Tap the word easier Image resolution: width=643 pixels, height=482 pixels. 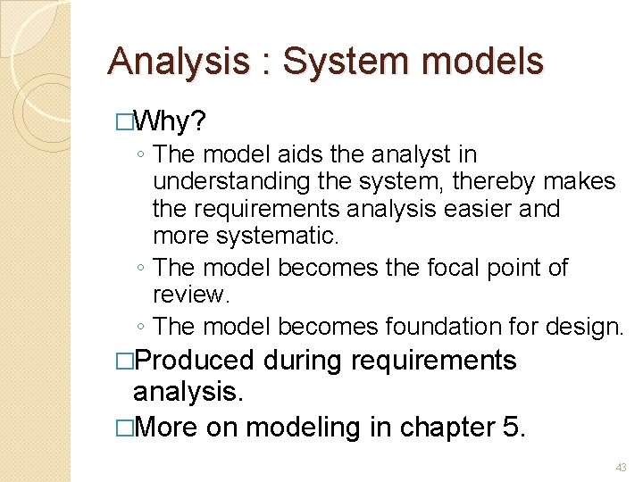(x=489, y=209)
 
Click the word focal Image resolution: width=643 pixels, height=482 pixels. (x=451, y=268)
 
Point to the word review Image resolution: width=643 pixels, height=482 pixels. (x=188, y=295)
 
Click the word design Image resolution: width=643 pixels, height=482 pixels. (x=580, y=327)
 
